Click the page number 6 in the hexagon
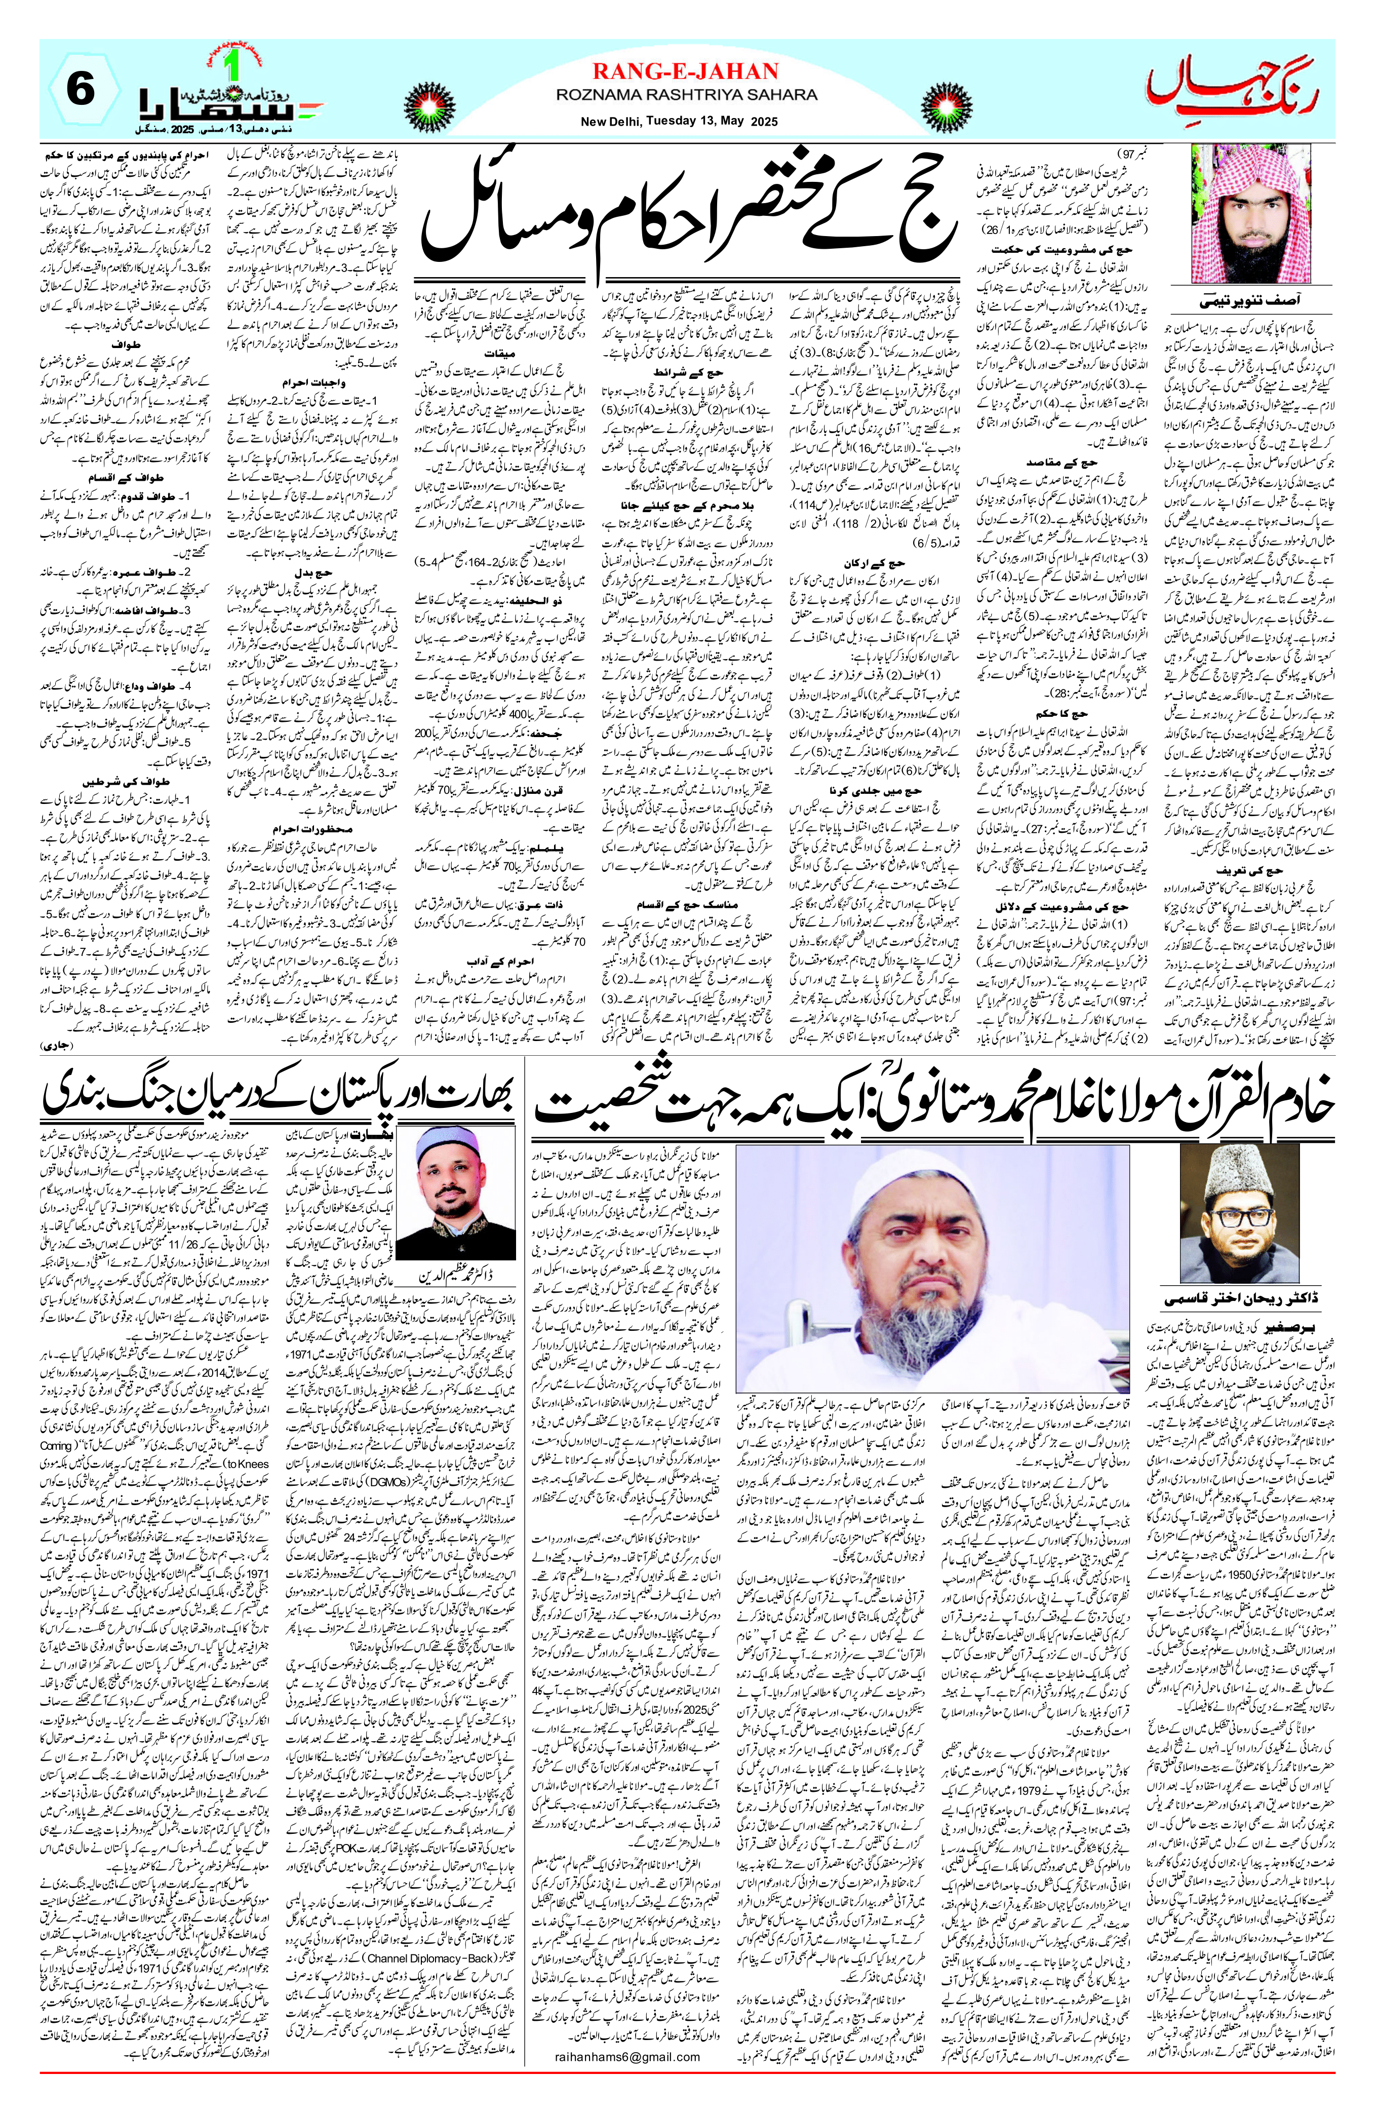(80, 92)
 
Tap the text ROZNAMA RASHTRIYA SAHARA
(685, 94)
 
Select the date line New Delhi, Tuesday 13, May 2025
(685, 122)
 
